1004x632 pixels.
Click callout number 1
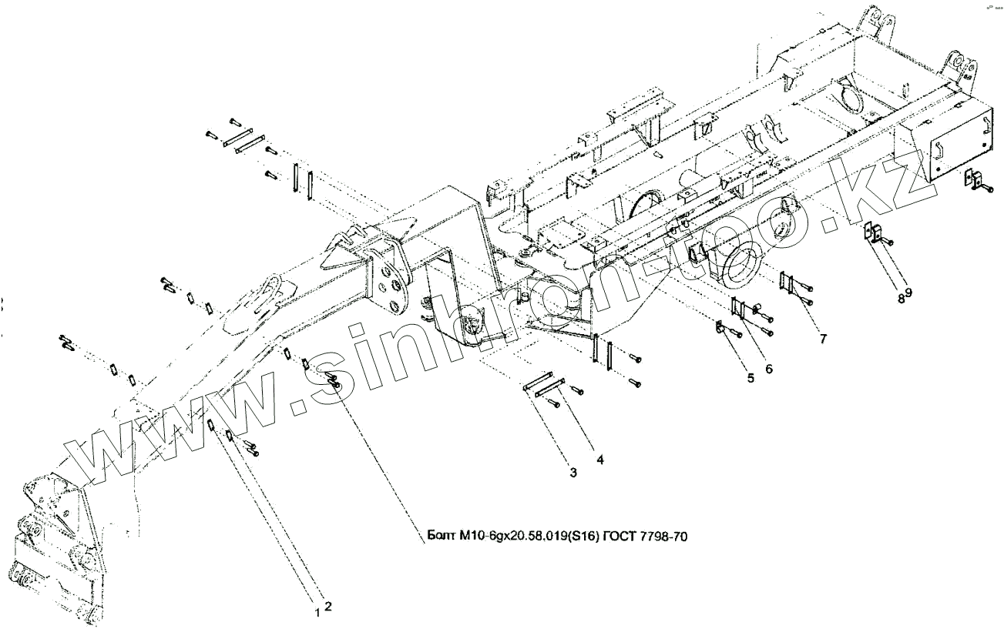click(x=317, y=613)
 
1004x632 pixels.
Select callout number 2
click(x=327, y=606)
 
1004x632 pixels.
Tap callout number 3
click(x=573, y=473)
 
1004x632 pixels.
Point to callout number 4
click(x=599, y=460)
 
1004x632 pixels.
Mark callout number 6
click(x=769, y=369)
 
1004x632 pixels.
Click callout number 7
click(x=823, y=339)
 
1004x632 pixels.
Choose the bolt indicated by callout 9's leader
click(x=887, y=242)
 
